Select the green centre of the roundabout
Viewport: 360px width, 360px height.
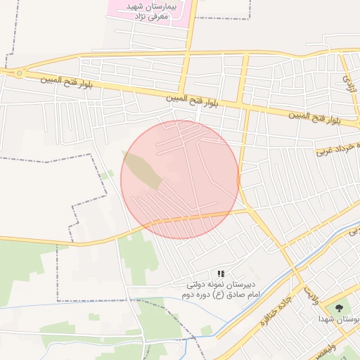19,72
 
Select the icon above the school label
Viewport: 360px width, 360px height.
220,274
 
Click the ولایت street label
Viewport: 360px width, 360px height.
311,295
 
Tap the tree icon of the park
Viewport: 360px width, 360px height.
340,307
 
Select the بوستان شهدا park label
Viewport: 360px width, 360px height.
342,319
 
